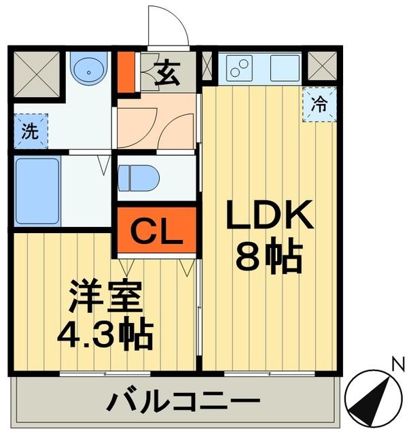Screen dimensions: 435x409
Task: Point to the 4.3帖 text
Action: click(x=103, y=334)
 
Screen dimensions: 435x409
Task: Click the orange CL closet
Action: click(x=156, y=231)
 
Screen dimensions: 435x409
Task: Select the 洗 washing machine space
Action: click(x=29, y=130)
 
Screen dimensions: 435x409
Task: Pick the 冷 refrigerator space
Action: click(x=318, y=105)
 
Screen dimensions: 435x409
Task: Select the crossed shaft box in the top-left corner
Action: click(x=29, y=71)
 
